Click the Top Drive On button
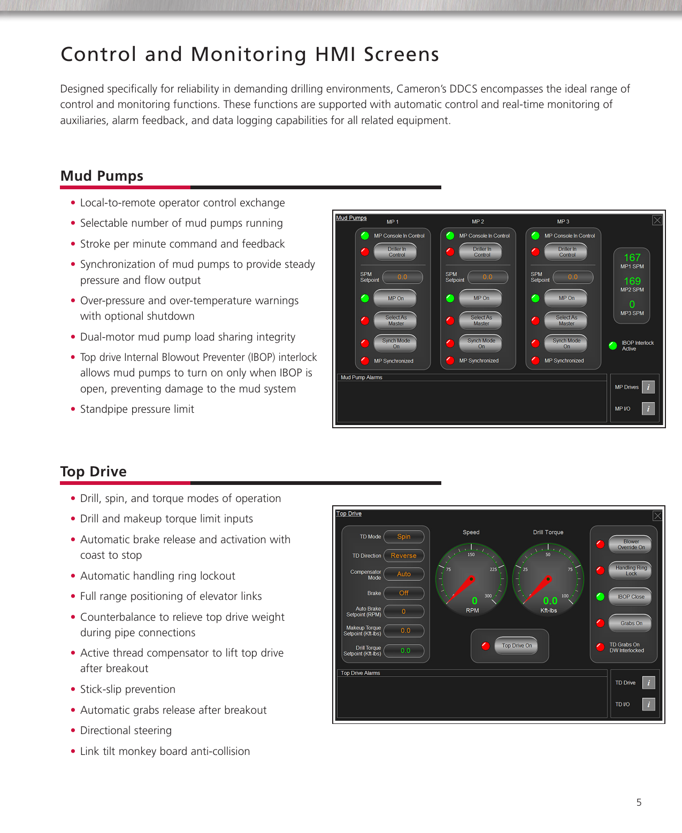tap(516, 645)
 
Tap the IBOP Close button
tap(631, 597)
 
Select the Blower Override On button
tap(631, 544)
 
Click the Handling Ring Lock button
tap(631, 570)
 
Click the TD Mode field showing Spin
tap(404, 537)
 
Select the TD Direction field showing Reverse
tap(404, 556)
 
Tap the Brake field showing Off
tap(404, 593)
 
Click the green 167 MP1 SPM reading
tap(632, 258)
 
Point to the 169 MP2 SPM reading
tap(632, 281)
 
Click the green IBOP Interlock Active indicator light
tap(613, 345)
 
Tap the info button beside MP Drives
tap(648, 387)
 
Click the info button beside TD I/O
tap(648, 704)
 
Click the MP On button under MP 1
tap(396, 298)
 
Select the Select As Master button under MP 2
tap(481, 320)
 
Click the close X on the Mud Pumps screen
tap(657, 220)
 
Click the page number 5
tap(639, 802)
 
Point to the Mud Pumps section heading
tap(102, 176)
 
